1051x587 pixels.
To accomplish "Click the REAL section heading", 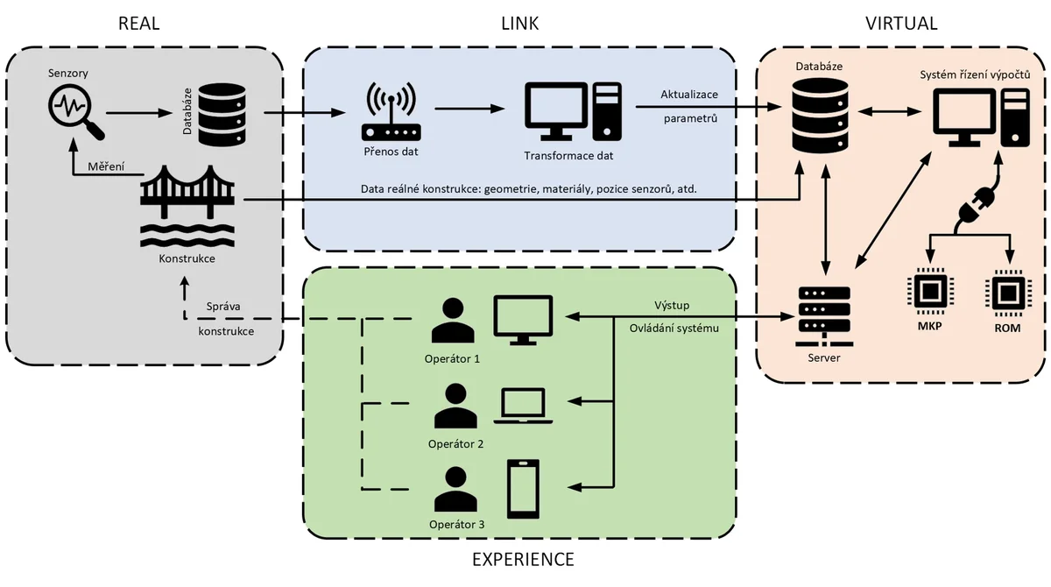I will pyautogui.click(x=139, y=23).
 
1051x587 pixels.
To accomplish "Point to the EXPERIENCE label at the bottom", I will pyautogui.click(x=523, y=559).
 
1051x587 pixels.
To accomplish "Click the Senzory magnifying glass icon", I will pyautogui.click(x=75, y=111).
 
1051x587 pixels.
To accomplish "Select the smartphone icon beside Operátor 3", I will pyautogui.click(x=524, y=488).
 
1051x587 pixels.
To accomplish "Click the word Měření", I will pyautogui.click(x=104, y=166).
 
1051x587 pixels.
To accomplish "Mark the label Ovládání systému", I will pyautogui.click(x=674, y=328).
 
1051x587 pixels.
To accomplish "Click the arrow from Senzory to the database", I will pyautogui.click(x=138, y=112).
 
